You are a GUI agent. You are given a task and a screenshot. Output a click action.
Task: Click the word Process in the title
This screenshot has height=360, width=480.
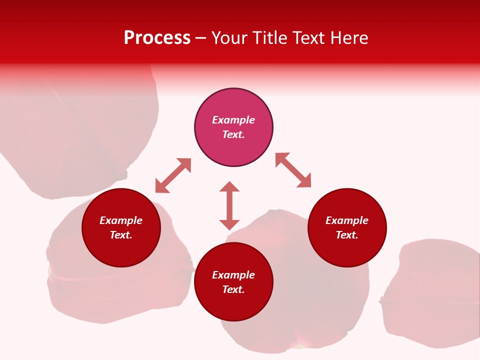point(157,38)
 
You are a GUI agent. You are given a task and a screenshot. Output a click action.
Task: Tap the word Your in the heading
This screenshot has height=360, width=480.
point(229,38)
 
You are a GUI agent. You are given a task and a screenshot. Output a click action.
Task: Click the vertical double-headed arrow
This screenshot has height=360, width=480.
point(229,205)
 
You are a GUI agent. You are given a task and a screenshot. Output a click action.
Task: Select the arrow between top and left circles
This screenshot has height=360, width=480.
point(173,175)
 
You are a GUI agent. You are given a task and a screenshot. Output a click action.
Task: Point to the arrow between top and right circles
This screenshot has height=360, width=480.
point(293,170)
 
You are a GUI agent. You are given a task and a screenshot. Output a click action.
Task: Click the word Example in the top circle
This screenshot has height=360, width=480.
point(233,120)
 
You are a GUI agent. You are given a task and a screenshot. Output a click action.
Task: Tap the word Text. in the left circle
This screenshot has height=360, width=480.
point(121,235)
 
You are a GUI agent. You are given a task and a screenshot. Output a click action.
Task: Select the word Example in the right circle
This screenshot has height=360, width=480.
point(347,220)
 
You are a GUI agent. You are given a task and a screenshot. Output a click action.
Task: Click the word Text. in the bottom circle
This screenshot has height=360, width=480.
point(233,289)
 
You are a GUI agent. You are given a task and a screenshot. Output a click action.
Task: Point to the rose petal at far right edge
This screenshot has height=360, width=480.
point(435,295)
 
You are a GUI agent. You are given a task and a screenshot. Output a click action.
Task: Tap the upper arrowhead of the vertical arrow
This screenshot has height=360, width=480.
point(229,186)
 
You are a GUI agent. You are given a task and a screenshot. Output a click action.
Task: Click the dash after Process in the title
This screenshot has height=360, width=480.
point(200,38)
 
